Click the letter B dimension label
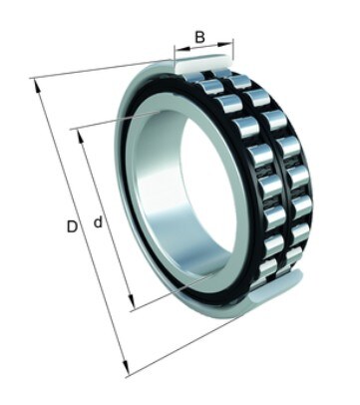(199, 37)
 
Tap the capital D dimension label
(72, 226)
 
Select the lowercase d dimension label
(98, 221)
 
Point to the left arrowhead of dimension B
(182, 50)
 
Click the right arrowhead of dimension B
(225, 44)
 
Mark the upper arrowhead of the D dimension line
(38, 86)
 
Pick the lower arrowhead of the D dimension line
(125, 369)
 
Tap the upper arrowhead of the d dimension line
(81, 137)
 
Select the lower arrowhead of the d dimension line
(131, 302)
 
